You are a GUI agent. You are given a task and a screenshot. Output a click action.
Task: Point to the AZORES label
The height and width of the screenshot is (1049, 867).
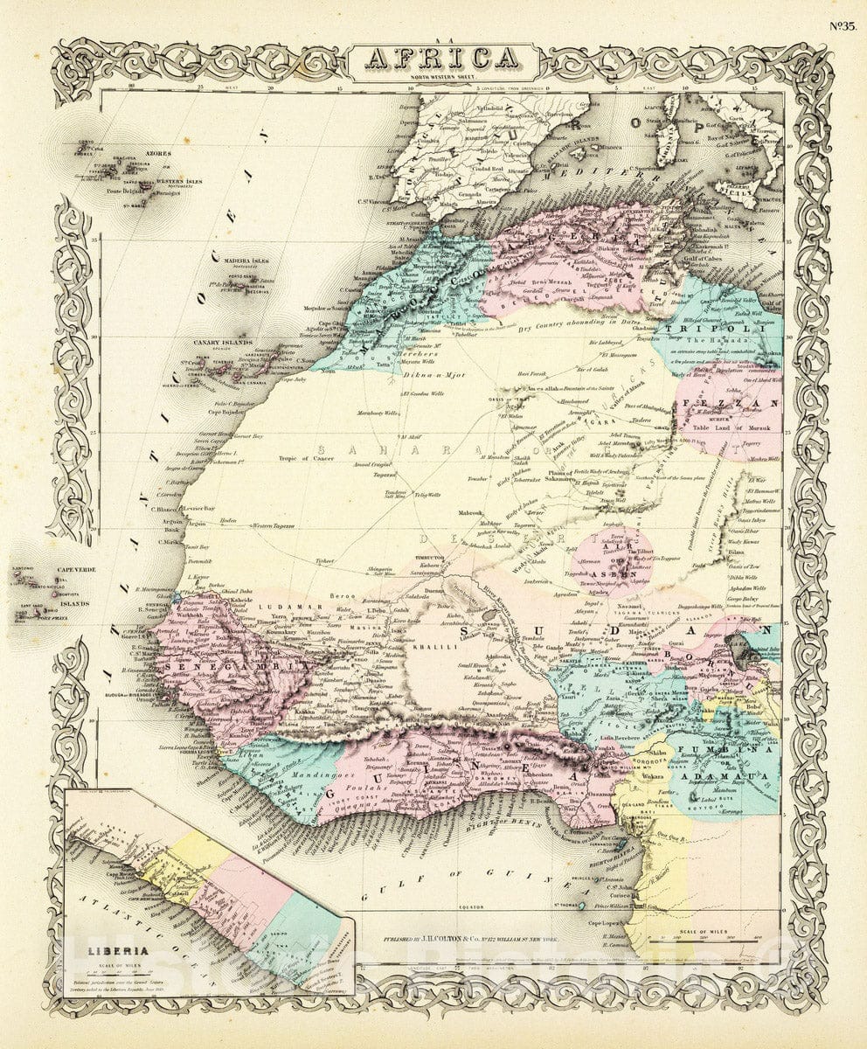[159, 153]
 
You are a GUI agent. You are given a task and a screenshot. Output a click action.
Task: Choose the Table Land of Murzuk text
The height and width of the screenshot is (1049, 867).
[727, 427]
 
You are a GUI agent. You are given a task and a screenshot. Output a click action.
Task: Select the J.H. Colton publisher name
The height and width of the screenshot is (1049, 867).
[453, 942]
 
